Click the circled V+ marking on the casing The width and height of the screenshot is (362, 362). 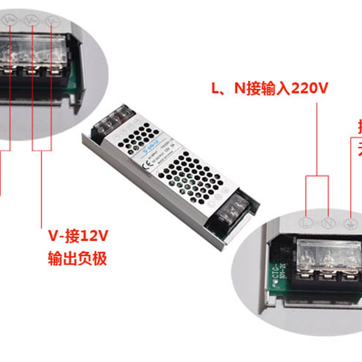tap(10, 20)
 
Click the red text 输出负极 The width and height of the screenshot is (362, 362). tap(77, 259)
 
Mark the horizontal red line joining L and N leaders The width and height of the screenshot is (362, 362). tap(317, 176)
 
